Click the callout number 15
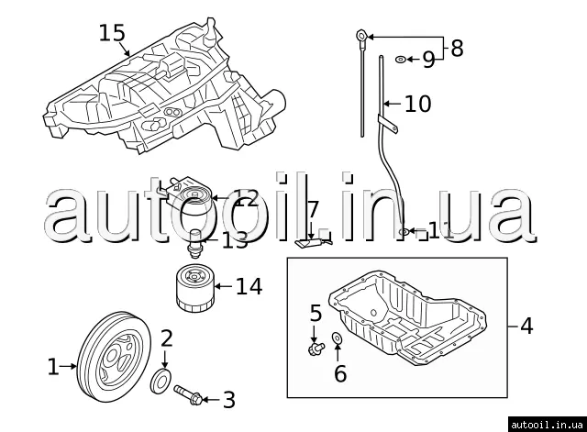(x=112, y=33)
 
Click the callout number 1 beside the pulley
(x=52, y=368)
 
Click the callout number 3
(x=229, y=400)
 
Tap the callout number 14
(x=249, y=287)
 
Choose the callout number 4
(x=526, y=326)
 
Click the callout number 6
(x=340, y=373)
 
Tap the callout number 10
(x=417, y=104)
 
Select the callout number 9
(x=428, y=61)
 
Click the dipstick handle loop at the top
(x=361, y=37)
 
